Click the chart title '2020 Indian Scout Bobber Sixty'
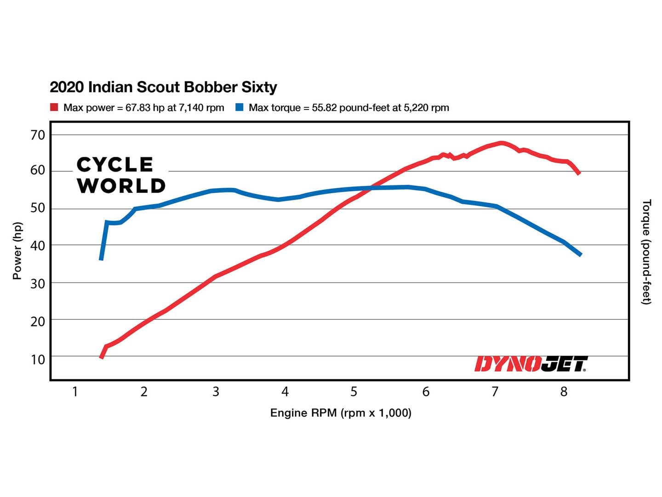[163, 87]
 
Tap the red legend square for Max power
[54, 107]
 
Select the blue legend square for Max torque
[239, 107]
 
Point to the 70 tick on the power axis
[38, 135]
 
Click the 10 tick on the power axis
[38, 359]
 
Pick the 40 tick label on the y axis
[38, 246]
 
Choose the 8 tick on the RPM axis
[564, 392]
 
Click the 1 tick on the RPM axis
[75, 392]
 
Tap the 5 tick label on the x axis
[354, 392]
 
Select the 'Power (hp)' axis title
[17, 251]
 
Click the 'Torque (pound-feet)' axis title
[646, 252]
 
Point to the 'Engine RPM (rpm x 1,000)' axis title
[341, 413]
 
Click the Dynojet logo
[531, 364]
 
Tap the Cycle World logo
[121, 175]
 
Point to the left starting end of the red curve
[102, 357]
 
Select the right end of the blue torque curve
[580, 254]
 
